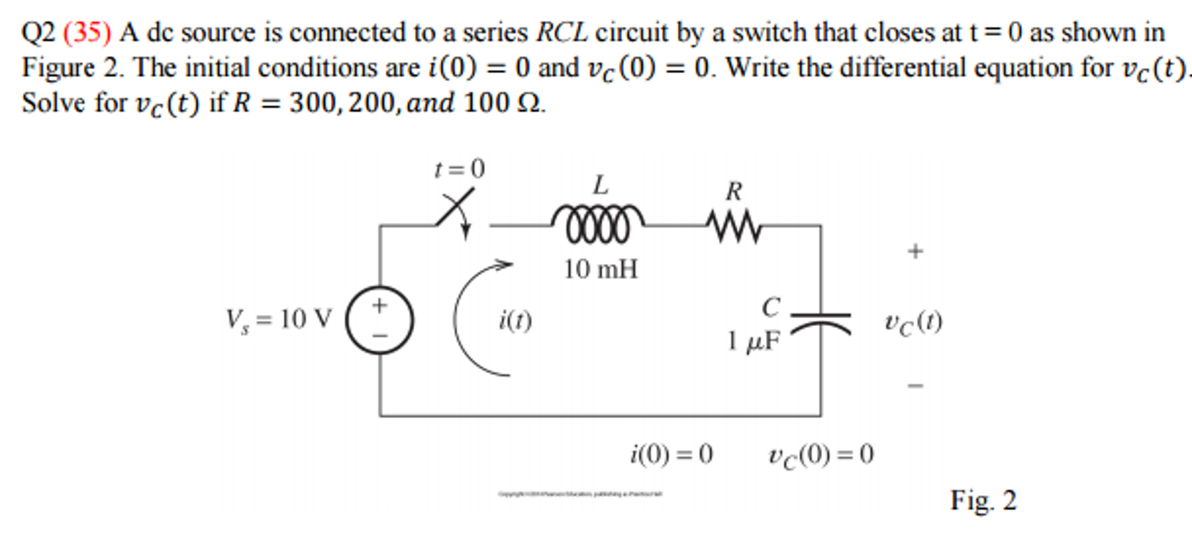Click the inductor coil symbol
pyautogui.click(x=598, y=224)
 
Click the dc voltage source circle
pyautogui.click(x=380, y=320)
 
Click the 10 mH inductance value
pyautogui.click(x=600, y=270)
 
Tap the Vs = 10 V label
pyautogui.click(x=278, y=320)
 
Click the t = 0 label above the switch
pyautogui.click(x=460, y=169)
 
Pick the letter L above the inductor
pyautogui.click(x=601, y=186)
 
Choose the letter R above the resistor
pyautogui.click(x=734, y=192)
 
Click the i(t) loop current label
pyautogui.click(x=515, y=320)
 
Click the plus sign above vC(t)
pyautogui.click(x=915, y=251)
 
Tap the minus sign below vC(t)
pyautogui.click(x=915, y=385)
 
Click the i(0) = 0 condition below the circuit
pyautogui.click(x=671, y=454)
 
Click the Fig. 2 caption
pyautogui.click(x=983, y=500)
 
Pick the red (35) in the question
pyautogui.click(x=87, y=32)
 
